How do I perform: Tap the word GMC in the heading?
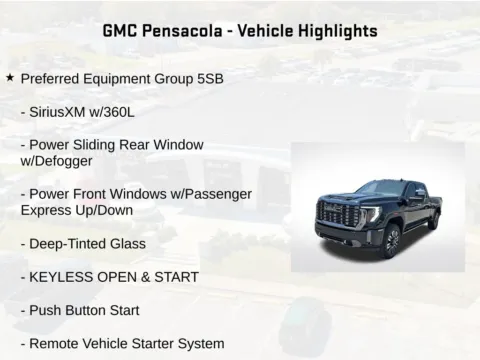tap(122, 31)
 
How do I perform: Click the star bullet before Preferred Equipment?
tap(10, 77)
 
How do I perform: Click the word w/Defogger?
tap(58, 160)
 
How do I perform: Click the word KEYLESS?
tap(64, 277)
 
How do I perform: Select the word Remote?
tap(55, 343)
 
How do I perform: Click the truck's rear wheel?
tap(433, 222)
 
